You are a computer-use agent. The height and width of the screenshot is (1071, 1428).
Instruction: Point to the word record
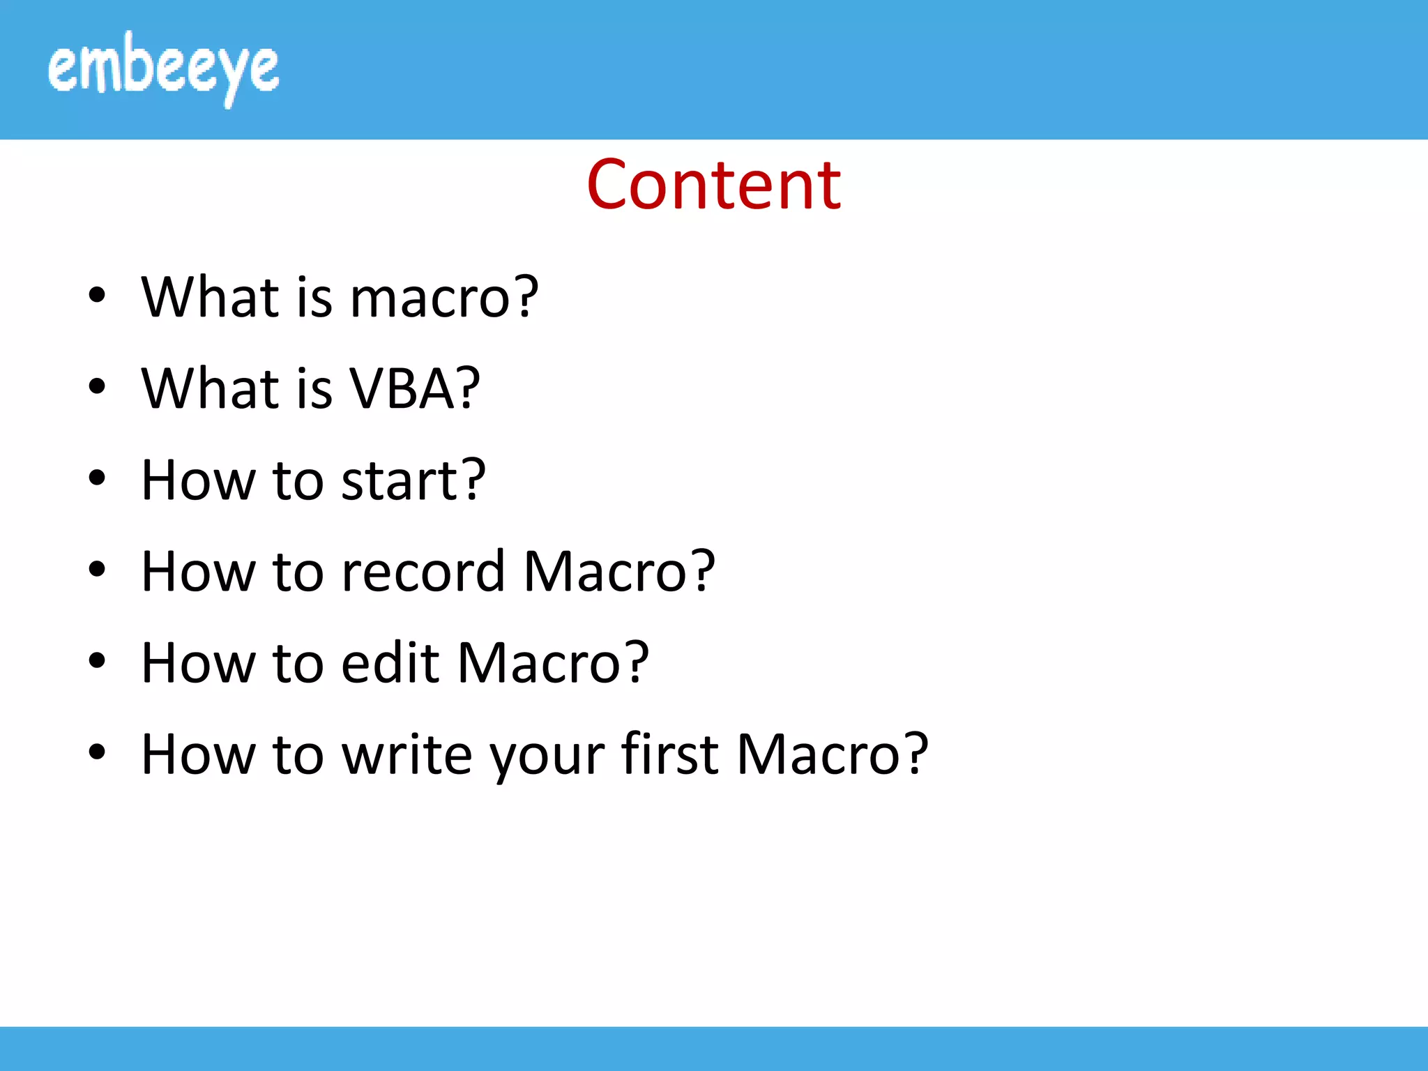pyautogui.click(x=423, y=572)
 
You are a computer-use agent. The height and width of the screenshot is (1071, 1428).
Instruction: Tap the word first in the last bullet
pyautogui.click(x=669, y=754)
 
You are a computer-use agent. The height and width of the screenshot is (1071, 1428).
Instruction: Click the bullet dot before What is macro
pyautogui.click(x=97, y=295)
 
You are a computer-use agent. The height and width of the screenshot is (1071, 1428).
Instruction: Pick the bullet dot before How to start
pyautogui.click(x=97, y=478)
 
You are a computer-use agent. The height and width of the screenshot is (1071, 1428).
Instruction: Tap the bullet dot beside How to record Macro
pyautogui.click(x=97, y=570)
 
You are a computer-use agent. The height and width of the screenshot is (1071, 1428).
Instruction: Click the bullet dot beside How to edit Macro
pyautogui.click(x=97, y=661)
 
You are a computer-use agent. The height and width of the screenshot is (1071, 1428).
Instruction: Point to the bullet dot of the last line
pyautogui.click(x=97, y=752)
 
